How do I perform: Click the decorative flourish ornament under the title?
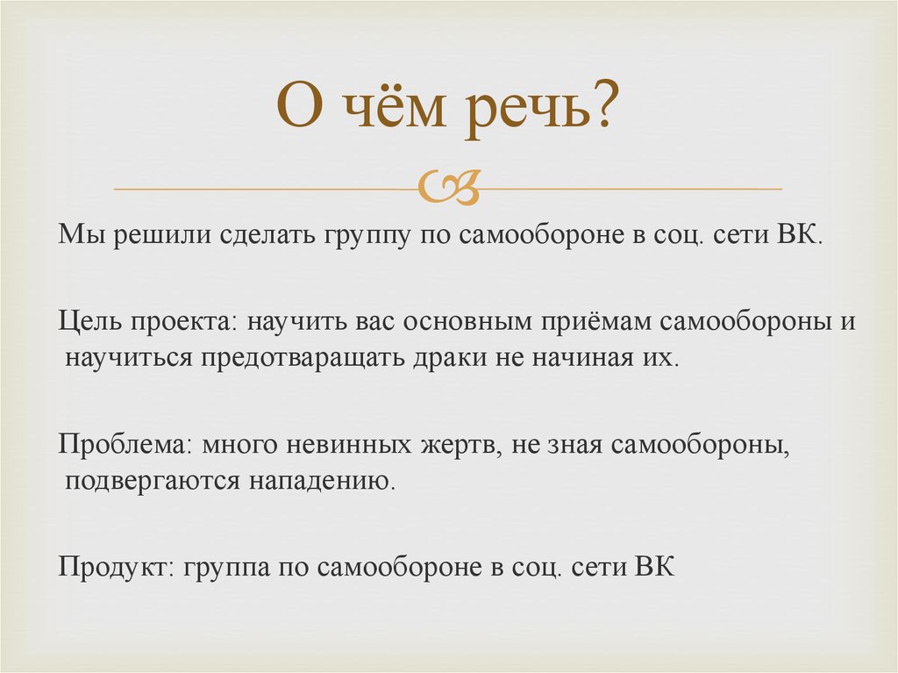448,187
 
